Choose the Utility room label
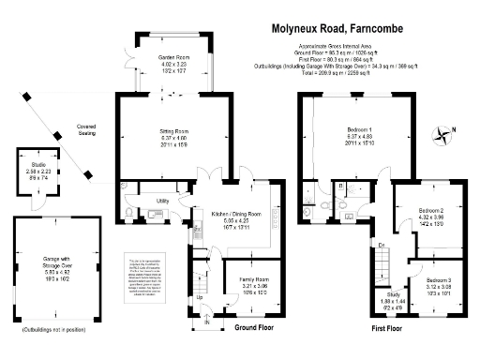pyautogui.click(x=162, y=201)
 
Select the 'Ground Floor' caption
pyautogui.click(x=254, y=329)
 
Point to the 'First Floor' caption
pyautogui.click(x=387, y=329)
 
